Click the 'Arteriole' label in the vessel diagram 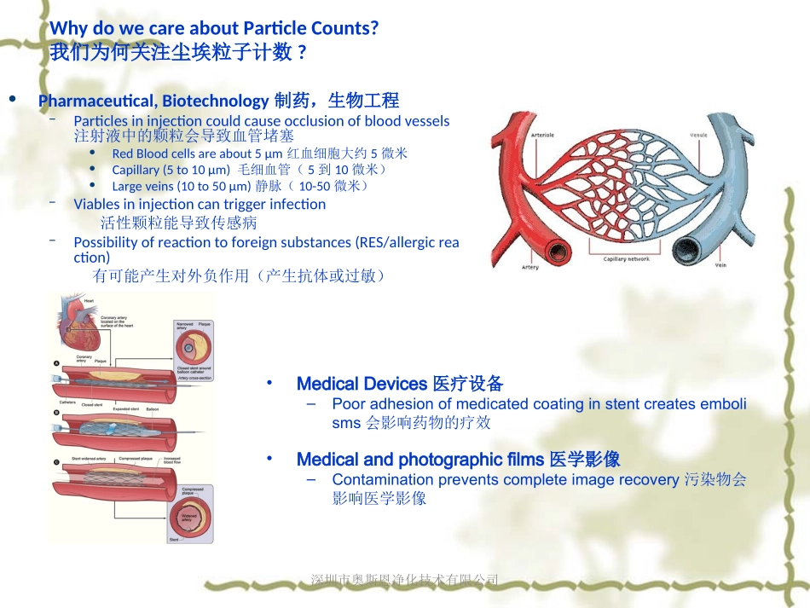(542, 135)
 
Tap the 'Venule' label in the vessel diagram (698, 135)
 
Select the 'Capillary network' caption (626, 258)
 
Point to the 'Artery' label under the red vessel (529, 267)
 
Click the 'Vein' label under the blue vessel (720, 265)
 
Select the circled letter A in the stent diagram (56, 364)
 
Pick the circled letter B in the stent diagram (56, 413)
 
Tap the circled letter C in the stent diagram (56, 462)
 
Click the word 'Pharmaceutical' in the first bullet (98, 101)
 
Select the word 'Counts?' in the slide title (344, 28)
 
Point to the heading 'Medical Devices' (362, 384)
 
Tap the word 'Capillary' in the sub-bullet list (136, 170)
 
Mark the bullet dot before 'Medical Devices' (269, 383)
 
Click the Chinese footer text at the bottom (405, 580)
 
